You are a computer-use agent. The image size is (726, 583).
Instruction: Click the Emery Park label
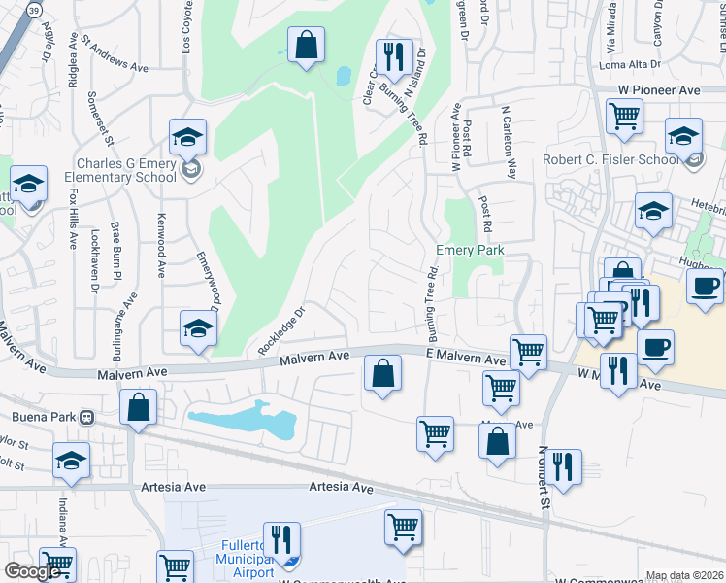pyautogui.click(x=471, y=250)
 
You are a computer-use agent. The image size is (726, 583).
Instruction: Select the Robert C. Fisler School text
pyautogui.click(x=610, y=160)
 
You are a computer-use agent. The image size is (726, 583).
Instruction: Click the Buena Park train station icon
pyautogui.click(x=86, y=418)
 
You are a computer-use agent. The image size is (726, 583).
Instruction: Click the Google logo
pyautogui.click(x=31, y=571)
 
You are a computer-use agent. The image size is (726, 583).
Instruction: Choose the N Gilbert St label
pyautogui.click(x=544, y=478)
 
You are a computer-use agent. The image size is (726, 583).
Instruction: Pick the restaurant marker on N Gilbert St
pyautogui.click(x=563, y=466)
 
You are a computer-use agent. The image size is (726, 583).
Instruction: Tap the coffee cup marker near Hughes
pyautogui.click(x=705, y=286)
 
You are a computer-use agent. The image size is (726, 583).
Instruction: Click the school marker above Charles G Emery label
pyautogui.click(x=188, y=137)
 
